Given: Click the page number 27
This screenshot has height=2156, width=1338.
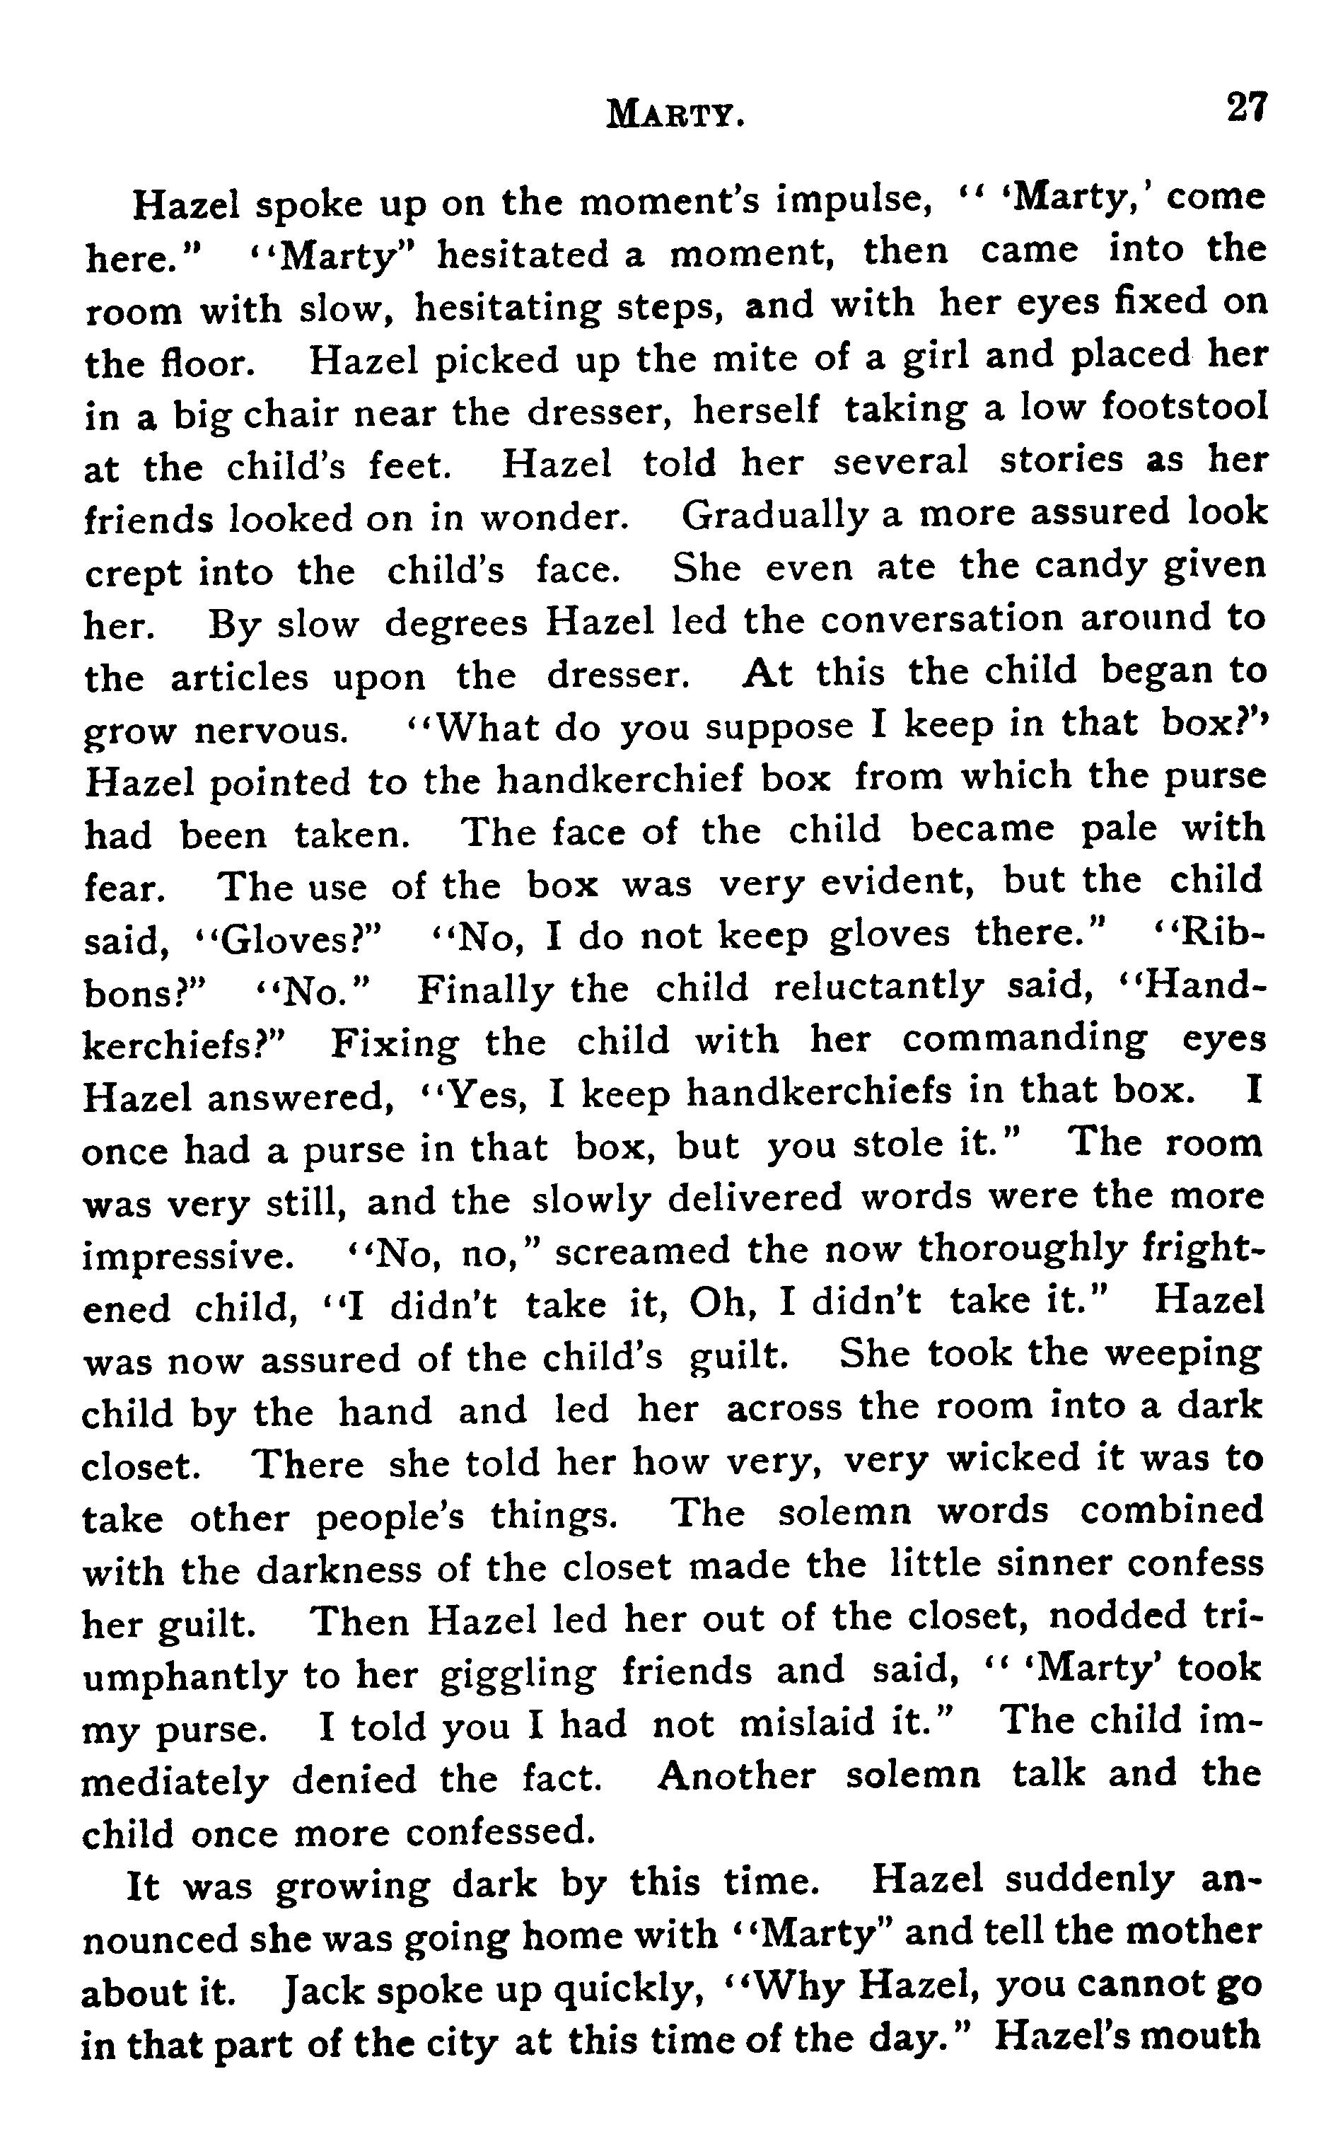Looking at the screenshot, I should click(1247, 108).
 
